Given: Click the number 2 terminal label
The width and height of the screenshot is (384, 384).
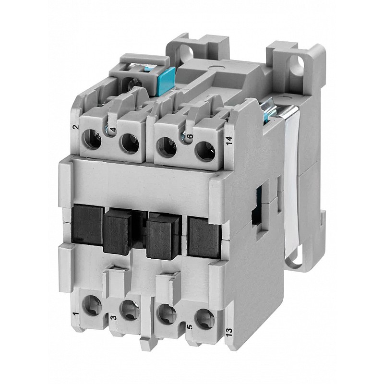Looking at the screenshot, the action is pos(76,127).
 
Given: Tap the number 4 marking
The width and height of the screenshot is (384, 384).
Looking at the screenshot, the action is pos(113,130).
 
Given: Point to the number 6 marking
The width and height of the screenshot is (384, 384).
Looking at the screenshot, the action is pos(190,137).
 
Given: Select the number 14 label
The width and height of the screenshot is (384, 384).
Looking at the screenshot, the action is pos(229,141).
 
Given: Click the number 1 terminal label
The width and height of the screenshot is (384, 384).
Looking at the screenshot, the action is pos(76,314).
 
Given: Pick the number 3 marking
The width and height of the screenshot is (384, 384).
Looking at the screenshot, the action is pos(113,318).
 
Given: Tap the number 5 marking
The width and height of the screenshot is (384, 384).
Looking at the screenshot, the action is pos(190,327).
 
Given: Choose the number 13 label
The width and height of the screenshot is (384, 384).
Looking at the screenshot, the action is pos(229,332).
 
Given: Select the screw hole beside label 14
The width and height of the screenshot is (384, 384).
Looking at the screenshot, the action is pos(205,152).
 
